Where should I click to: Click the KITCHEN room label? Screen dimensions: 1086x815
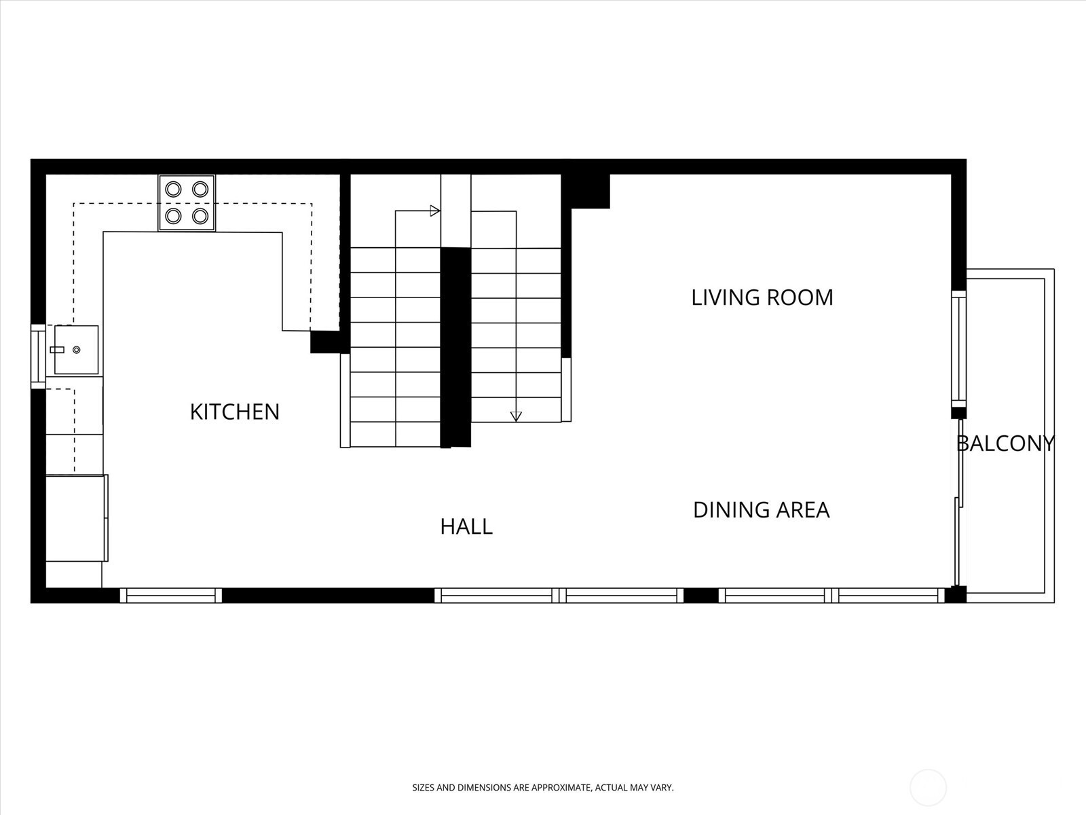235,412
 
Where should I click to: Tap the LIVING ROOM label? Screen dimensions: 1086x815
762,297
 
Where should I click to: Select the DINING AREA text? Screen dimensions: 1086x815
761,509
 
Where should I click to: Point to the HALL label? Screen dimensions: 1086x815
466,526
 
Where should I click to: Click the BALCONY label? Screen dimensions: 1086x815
1005,443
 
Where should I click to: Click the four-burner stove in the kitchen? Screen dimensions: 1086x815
187,203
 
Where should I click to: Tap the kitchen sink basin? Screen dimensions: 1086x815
76,349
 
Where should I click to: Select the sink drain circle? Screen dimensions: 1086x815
77,350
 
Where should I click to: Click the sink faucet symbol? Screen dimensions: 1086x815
57,350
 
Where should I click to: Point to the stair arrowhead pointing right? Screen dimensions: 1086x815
435,211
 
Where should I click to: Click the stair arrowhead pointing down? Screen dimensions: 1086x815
516,416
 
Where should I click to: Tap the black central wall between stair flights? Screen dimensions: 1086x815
455,347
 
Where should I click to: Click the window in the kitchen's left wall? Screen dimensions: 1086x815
38,357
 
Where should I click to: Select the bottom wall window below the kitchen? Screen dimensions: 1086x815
170,596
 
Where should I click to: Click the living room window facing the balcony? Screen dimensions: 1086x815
959,348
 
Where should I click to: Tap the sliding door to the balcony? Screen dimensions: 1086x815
959,503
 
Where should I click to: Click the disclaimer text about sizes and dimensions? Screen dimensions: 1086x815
543,788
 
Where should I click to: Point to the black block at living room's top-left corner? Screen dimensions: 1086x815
586,191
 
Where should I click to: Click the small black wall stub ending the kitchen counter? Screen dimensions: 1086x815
326,342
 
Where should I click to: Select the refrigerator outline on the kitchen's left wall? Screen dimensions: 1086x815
77,518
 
